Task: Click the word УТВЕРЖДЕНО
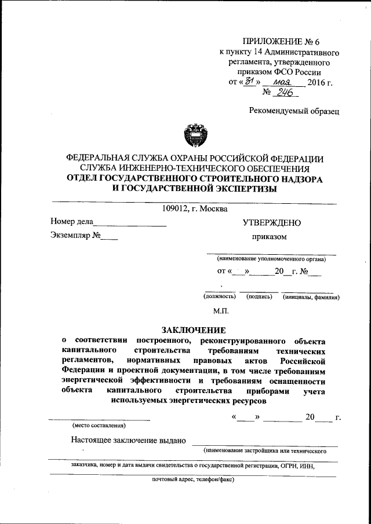(271, 222)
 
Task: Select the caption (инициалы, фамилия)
(311, 296)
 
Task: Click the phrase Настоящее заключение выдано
(128, 440)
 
